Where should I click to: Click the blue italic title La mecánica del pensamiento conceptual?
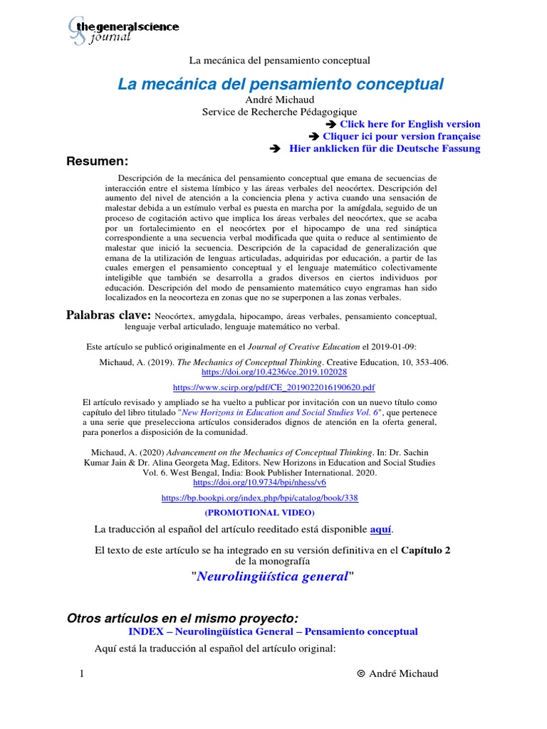[x=281, y=84]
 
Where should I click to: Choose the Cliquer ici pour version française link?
[x=401, y=136]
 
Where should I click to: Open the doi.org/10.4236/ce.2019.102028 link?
[x=275, y=372]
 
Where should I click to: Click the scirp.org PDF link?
[x=275, y=387]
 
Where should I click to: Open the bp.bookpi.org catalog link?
[x=260, y=498]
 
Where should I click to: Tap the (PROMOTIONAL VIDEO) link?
[x=259, y=512]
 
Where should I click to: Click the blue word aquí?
[x=380, y=530]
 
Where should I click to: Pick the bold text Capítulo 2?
[x=426, y=550]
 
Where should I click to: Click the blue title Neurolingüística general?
[x=272, y=576]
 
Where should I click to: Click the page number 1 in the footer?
[x=83, y=674]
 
